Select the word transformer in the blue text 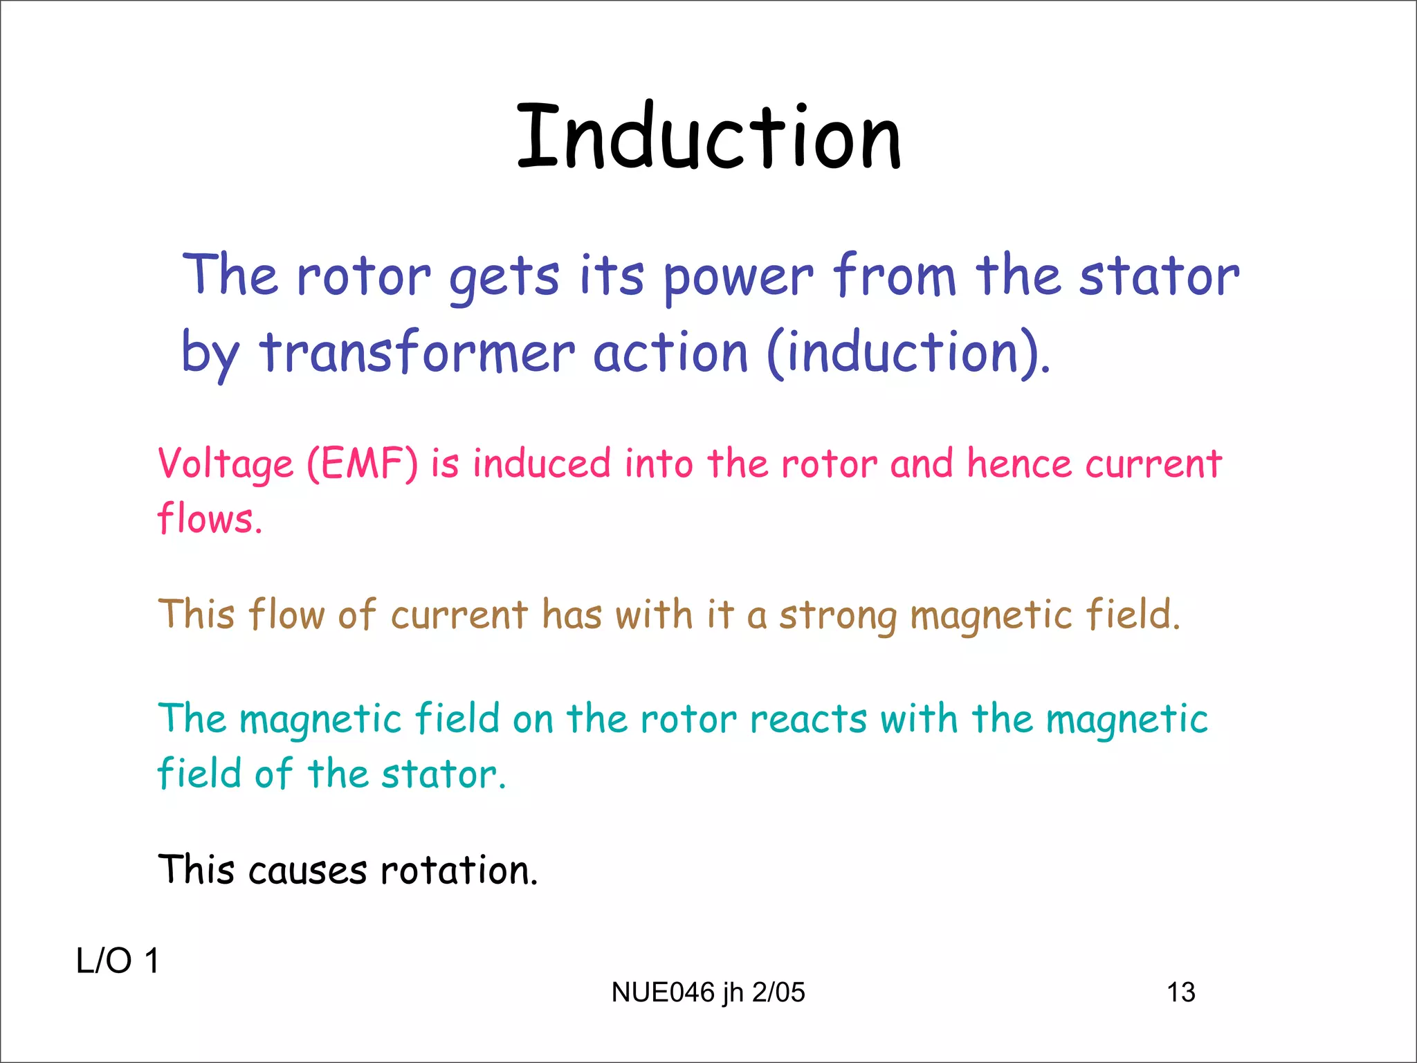click(x=417, y=353)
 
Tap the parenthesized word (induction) click(x=908, y=353)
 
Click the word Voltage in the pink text click(x=226, y=464)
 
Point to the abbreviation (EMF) click(x=362, y=464)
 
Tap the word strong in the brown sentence click(x=838, y=615)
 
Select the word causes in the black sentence click(x=307, y=871)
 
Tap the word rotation click(x=459, y=870)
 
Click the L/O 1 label click(x=118, y=961)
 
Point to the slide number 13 click(x=1180, y=992)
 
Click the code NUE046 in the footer click(x=663, y=992)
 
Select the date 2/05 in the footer click(x=778, y=992)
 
